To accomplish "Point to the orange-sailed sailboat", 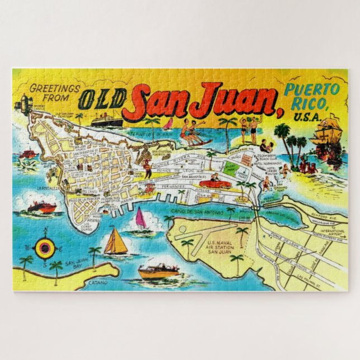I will coord(115,241).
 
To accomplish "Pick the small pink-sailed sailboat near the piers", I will coord(141,219).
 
